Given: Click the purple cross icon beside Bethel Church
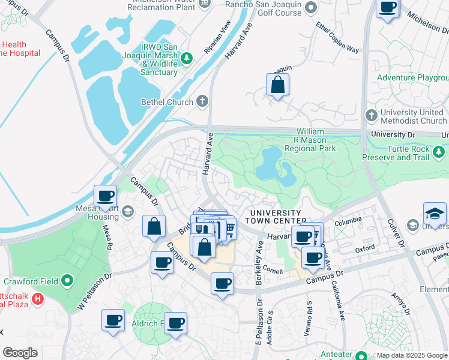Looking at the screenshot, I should pos(202,101).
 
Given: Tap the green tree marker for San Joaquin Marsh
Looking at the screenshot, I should pos(187,58).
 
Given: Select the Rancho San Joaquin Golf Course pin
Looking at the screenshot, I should pos(310,7).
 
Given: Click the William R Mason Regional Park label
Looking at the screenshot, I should pos(310,140).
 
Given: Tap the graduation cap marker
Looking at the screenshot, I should pos(435,214).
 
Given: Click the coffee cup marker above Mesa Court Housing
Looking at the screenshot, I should pos(106,196).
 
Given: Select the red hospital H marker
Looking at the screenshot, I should pos(38,298).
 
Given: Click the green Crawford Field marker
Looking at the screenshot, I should pos(68,280).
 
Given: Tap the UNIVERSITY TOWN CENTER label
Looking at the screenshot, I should pos(276,217).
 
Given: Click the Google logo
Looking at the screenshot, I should pos(20,353).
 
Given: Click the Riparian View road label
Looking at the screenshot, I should pos(217,37).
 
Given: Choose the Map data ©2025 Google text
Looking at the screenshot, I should pos(412,355).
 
